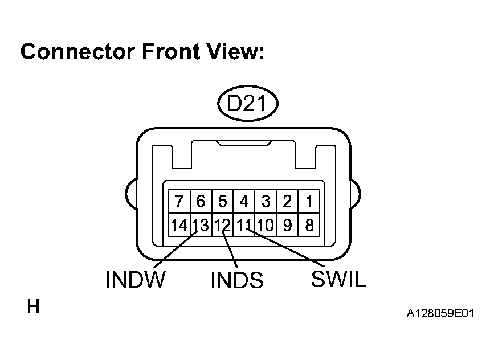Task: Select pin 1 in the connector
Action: tap(309, 202)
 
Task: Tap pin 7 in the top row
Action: tap(179, 202)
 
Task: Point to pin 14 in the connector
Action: tap(179, 226)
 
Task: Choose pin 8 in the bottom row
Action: tap(309, 226)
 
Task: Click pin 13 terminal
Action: tap(201, 226)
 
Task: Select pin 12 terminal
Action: tap(222, 226)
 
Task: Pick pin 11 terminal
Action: tap(244, 226)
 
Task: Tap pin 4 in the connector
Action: tap(244, 202)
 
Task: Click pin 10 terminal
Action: tap(266, 226)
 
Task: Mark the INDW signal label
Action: tap(135, 280)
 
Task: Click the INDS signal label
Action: tap(237, 280)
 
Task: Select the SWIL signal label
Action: tap(338, 279)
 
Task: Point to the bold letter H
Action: tap(34, 308)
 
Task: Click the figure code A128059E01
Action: tap(440, 314)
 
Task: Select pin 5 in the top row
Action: tap(222, 202)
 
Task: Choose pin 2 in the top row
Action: tap(287, 202)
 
